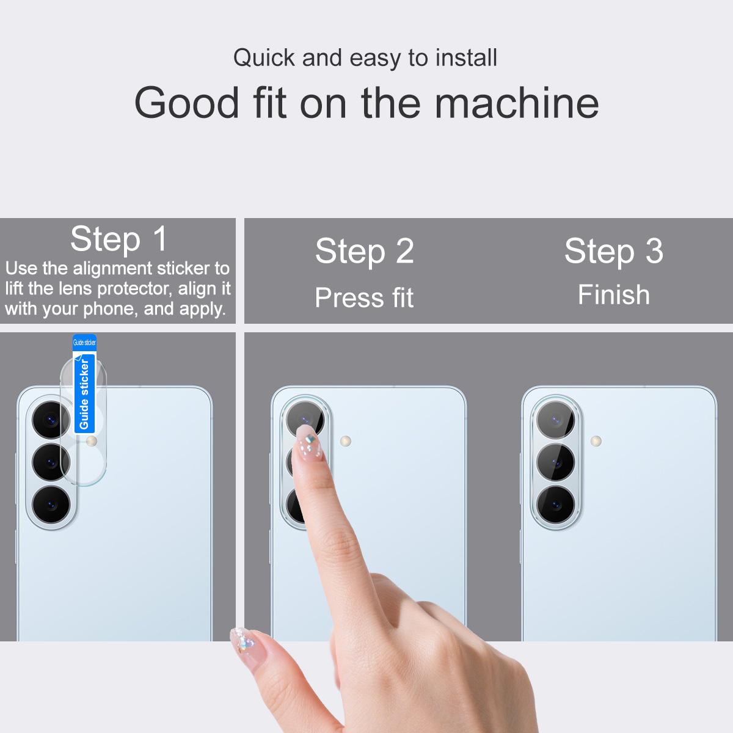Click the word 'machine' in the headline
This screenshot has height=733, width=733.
coord(517,103)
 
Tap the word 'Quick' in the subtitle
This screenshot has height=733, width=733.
coord(264,58)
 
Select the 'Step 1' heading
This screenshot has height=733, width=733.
coord(119,239)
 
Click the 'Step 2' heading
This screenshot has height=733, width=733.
coord(365,251)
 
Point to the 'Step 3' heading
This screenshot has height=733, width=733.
coord(614,251)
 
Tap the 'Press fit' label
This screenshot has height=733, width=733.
coord(364,297)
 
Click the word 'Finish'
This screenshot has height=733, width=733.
coord(614,295)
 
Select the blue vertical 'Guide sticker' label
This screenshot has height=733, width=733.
coord(84,394)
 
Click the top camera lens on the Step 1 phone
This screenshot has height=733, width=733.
coord(51,420)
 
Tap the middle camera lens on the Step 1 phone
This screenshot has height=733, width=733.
coord(51,462)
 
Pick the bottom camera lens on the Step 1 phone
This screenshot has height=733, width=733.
coord(51,505)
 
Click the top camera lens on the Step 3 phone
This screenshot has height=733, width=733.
coord(556,420)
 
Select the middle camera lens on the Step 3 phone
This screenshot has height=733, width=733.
coord(556,462)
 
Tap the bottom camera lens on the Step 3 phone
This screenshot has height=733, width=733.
coord(556,505)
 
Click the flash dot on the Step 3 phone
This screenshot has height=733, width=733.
coord(596,441)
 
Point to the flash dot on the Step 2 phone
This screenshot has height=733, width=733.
coord(345,441)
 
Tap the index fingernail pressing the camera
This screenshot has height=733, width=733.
coord(309,443)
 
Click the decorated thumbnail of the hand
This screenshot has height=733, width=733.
coord(244,640)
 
